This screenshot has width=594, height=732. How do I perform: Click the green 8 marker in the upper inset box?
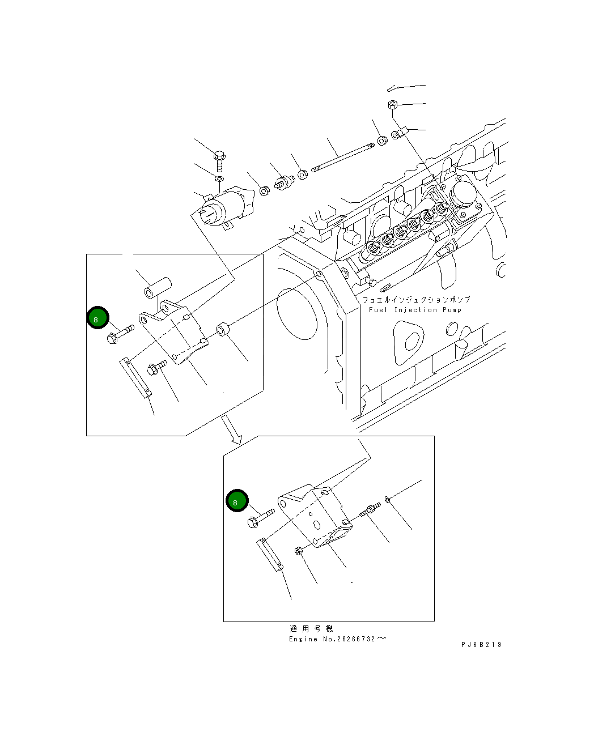tap(97, 318)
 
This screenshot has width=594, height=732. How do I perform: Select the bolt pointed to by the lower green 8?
tap(260, 517)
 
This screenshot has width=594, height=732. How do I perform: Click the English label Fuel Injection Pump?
tap(415, 310)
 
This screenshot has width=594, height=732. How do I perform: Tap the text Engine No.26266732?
tap(338, 639)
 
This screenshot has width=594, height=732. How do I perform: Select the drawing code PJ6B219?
tap(481, 645)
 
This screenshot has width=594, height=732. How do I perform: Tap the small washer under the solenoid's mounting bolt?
tap(219, 180)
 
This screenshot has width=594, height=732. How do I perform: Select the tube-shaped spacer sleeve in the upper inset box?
tap(156, 286)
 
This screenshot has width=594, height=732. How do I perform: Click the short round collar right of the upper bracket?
tap(223, 329)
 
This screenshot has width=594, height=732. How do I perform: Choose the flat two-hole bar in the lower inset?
tap(271, 555)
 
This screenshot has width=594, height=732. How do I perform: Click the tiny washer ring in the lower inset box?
tap(386, 499)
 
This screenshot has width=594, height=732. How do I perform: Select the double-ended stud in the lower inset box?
tap(370, 510)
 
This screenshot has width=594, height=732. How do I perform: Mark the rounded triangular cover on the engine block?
tap(408, 342)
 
